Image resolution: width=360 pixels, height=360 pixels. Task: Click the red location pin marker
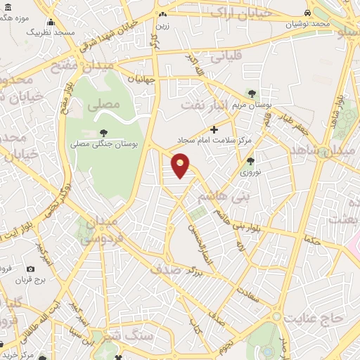coord(181,165)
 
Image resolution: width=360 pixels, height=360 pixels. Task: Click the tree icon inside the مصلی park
coord(103,131)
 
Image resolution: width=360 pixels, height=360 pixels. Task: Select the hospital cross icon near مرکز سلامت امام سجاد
coord(214,129)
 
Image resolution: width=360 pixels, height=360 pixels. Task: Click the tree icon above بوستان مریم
coord(252,95)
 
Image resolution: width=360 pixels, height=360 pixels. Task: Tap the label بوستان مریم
coord(252,105)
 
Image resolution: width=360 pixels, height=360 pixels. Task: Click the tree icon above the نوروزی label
coord(250,161)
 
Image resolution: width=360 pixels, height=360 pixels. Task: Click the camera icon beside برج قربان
coord(31,269)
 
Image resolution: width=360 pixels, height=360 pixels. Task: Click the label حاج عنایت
coord(313,319)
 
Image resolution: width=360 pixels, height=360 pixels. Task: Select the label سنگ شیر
coord(134,337)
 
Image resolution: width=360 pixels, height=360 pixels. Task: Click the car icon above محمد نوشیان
coord(307,13)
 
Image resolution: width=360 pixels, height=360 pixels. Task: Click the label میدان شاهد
coord(335,152)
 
